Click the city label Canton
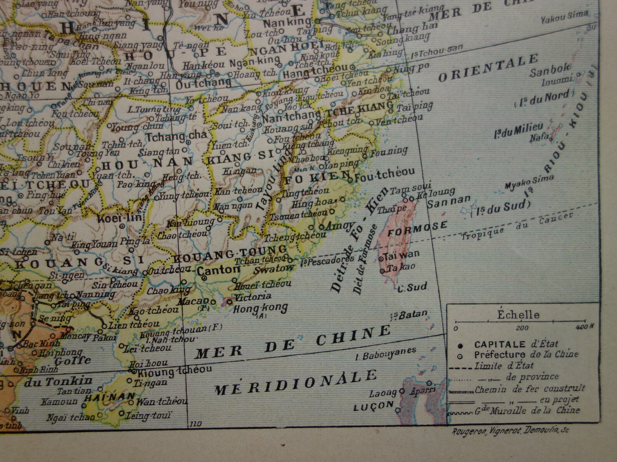tap(218, 270)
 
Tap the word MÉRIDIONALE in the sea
tap(295, 382)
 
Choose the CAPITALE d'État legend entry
tap(516, 344)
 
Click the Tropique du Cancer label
tap(517, 226)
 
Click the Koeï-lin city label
tap(120, 217)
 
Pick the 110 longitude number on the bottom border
tap(195, 424)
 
